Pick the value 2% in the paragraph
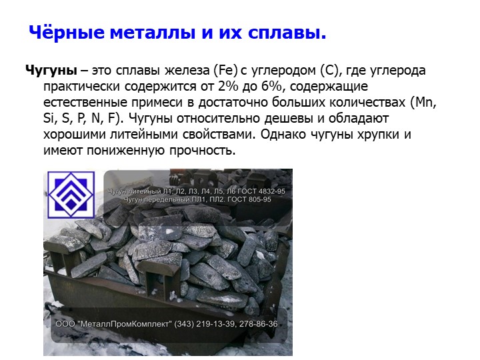click(x=228, y=87)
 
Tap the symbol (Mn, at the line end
click(x=423, y=103)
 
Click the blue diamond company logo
click(x=71, y=195)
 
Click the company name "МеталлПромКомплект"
click(x=125, y=324)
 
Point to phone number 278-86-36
click(x=259, y=324)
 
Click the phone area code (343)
click(x=184, y=324)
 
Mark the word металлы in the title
click(x=152, y=33)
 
